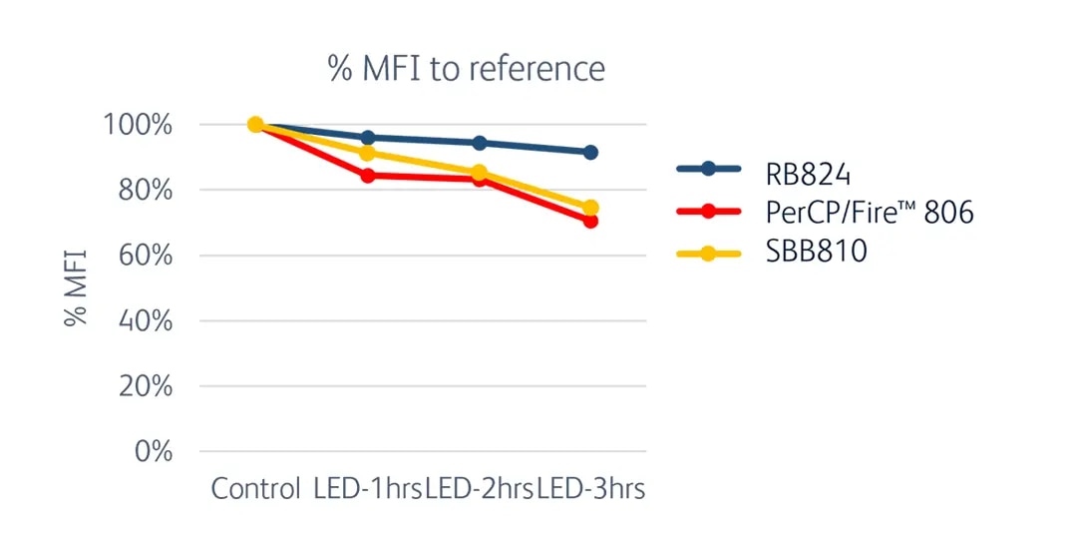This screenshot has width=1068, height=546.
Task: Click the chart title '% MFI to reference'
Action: [x=466, y=68]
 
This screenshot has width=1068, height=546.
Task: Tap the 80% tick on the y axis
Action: [x=141, y=191]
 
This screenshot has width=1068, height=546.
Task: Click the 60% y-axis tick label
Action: [x=141, y=256]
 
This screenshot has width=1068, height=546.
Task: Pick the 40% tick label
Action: [x=141, y=321]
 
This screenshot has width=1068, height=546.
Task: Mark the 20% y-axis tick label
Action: [x=141, y=386]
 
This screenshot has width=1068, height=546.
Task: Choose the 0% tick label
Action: [x=148, y=451]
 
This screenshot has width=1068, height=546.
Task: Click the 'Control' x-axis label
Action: [x=255, y=489]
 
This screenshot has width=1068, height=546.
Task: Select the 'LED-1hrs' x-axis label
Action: [x=368, y=489]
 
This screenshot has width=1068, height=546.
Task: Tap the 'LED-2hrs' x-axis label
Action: [x=480, y=489]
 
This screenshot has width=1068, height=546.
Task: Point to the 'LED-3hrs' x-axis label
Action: [x=591, y=489]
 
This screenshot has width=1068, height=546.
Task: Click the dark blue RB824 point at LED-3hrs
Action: [x=590, y=153]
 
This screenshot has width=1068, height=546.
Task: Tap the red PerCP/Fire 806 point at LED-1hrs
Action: [x=368, y=176]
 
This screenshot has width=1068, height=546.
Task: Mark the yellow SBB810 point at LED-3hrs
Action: [x=590, y=208]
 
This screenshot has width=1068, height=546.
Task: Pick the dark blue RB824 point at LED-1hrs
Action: [x=368, y=138]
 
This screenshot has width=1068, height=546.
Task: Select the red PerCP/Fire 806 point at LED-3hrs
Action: [x=590, y=221]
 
